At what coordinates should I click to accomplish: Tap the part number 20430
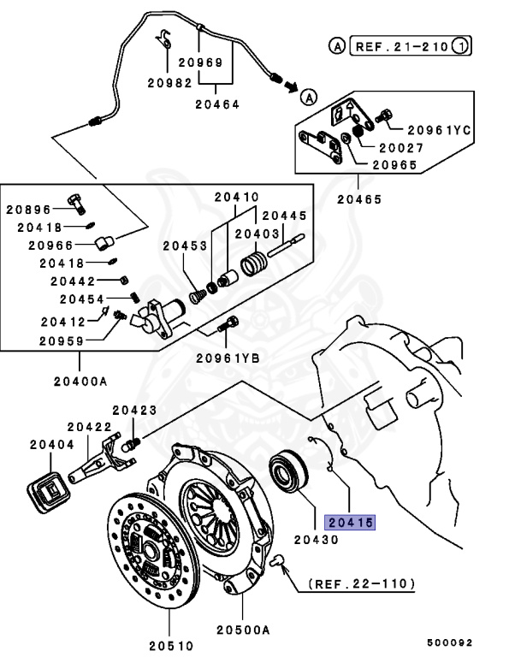(x=317, y=540)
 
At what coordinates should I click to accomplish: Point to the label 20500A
(x=243, y=629)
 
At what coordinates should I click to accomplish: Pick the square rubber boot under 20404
(x=50, y=495)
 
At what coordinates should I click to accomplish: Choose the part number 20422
(x=90, y=426)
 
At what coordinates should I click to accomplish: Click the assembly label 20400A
(x=78, y=379)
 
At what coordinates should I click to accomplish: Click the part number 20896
(x=30, y=210)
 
